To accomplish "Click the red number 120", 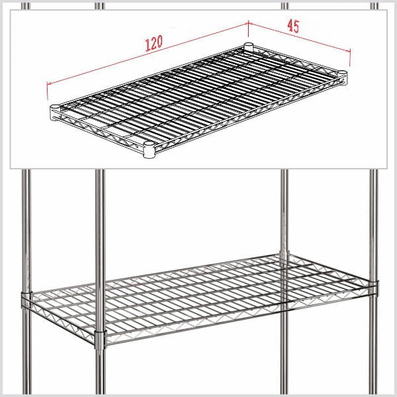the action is pos(154,43).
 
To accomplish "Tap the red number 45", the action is pos(293,26).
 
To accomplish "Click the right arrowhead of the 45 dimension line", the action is pos(349,51).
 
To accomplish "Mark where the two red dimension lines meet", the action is pos(248,24).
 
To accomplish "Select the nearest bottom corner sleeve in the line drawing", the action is pos(149,150).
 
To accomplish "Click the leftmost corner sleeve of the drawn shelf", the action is pos(55,112).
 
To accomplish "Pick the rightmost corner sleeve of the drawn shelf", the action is pos(343,78).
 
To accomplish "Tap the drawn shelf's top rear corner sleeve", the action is pos(248,48).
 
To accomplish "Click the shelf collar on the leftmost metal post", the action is pos(26,300).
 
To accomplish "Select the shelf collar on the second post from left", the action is pos(101,340).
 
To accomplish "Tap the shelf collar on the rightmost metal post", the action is pos(374,288).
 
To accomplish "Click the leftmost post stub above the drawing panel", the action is pos(25,6).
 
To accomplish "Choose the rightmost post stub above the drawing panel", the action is pos(375,6).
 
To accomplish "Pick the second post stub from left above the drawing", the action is pos(99,6).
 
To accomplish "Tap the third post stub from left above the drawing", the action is pos(285,6).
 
